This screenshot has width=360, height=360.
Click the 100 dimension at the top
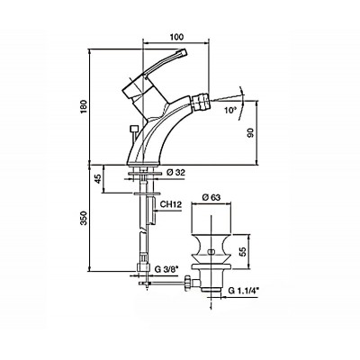tap(176, 37)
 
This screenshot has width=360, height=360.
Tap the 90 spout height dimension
tap(251, 132)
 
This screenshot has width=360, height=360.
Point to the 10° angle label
tap(230, 110)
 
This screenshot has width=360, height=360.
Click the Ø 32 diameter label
tap(175, 172)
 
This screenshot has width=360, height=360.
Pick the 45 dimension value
tap(97, 179)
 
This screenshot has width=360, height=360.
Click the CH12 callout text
tap(170, 204)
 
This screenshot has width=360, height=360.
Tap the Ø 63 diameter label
tap(211, 197)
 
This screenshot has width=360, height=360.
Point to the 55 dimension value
tap(243, 251)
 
